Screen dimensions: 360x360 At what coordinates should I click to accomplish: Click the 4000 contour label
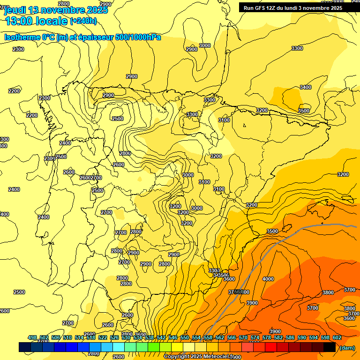268,279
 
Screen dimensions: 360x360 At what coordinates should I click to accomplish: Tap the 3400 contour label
306,87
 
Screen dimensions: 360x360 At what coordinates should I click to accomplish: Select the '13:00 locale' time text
36,21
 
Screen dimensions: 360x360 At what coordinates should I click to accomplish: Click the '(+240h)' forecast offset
83,21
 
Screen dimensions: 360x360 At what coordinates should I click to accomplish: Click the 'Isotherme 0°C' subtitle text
29,37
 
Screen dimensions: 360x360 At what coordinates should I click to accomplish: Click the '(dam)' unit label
347,347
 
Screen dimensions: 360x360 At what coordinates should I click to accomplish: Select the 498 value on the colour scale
32,337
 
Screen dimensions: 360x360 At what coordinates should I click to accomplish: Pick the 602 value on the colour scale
337,337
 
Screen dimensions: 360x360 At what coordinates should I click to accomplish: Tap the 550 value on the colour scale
185,337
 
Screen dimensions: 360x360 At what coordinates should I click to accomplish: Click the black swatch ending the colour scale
330,347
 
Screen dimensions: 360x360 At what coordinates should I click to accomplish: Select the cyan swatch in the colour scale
119,347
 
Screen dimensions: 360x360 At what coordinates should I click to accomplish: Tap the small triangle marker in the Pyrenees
245,125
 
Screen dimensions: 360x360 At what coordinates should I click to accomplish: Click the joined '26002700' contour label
90,178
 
